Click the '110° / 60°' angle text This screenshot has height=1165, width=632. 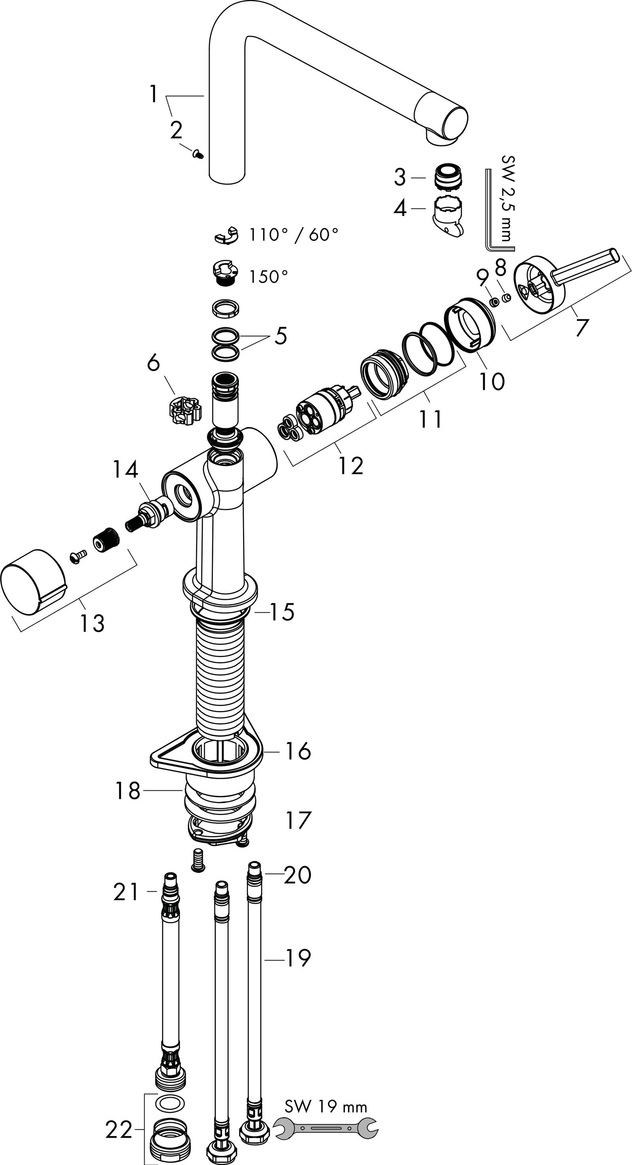click(x=293, y=234)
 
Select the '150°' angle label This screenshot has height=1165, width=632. click(x=268, y=276)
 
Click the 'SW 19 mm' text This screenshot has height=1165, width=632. click(x=326, y=1107)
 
